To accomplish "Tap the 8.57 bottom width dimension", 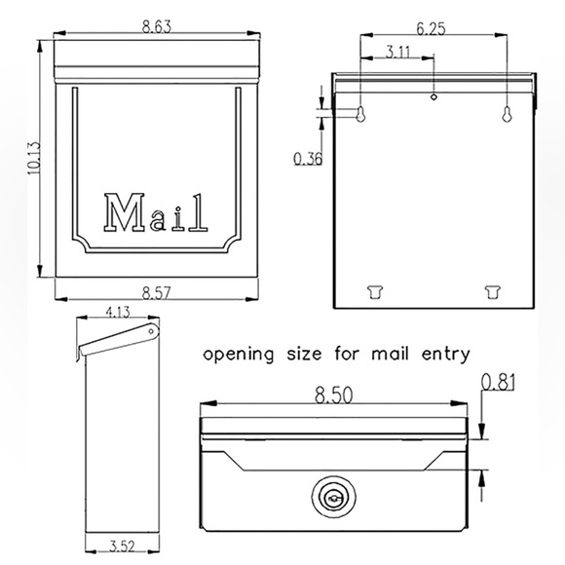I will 156,290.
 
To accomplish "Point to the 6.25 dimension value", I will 433,30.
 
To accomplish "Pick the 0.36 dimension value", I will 308,158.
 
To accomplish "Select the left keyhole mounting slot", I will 360,114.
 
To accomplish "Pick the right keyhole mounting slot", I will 507,114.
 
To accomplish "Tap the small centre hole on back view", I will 433,96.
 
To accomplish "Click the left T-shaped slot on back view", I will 373,289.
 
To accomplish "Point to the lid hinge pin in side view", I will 151,333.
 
